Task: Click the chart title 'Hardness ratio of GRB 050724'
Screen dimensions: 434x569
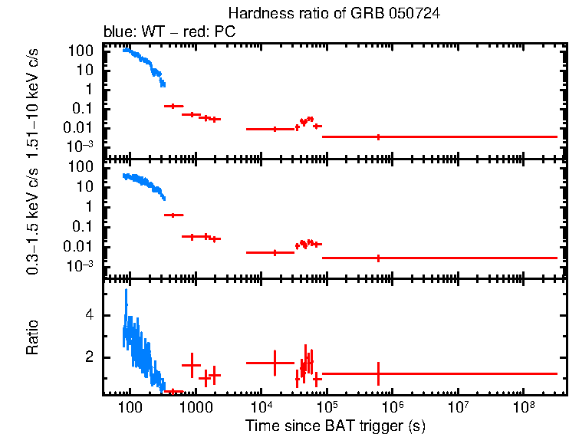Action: (x=334, y=15)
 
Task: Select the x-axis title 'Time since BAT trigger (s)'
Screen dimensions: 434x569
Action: (x=335, y=425)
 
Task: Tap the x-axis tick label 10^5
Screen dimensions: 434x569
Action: (x=327, y=406)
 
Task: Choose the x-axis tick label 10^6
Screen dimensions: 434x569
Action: (x=393, y=406)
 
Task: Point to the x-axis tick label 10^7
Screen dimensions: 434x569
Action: (x=459, y=406)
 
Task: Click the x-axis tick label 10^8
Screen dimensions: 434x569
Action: (x=525, y=406)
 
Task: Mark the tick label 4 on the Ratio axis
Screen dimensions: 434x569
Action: (x=89, y=315)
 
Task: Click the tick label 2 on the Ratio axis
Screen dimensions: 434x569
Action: (x=89, y=357)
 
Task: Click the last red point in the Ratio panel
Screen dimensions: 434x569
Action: (x=378, y=373)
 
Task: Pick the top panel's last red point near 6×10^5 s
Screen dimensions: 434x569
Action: (x=378, y=136)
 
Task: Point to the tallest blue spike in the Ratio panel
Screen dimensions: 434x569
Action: (x=127, y=291)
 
